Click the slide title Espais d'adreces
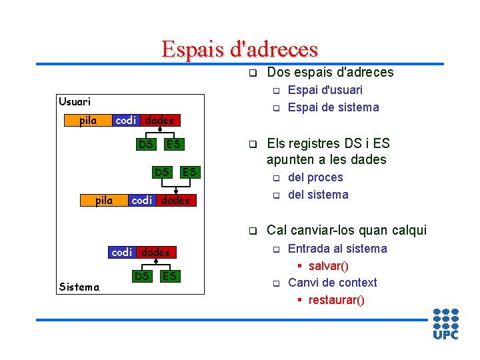pos(239,49)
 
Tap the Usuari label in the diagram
pos(75,102)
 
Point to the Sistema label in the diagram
pos(79,287)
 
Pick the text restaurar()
pos(336,299)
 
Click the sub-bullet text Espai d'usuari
pos(325,90)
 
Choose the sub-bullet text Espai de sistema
pos(333,107)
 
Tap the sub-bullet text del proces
pos(315,177)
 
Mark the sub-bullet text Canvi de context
pos(332,283)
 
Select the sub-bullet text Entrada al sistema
pos(337,249)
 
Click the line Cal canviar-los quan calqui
pos(347,231)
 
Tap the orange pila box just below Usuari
pos(87,121)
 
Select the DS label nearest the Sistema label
pos(141,275)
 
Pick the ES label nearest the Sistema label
pos(169,275)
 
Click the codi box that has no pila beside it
pos(122,252)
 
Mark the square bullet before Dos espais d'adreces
pos(253,72)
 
